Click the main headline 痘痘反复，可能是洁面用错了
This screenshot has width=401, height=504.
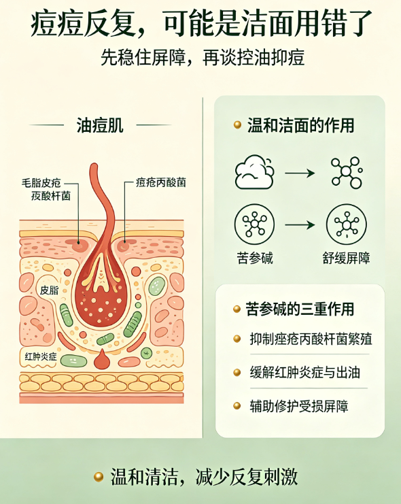201,23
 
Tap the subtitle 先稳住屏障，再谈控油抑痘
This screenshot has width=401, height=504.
203,58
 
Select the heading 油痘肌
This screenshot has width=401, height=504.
100,125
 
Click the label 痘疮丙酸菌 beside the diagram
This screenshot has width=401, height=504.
161,182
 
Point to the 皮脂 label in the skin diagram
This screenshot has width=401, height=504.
49,290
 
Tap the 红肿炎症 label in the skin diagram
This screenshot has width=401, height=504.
41,356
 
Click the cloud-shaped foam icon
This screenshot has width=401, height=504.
255,172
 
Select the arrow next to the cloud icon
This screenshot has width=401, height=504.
300,173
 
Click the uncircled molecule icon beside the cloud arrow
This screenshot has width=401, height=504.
347,172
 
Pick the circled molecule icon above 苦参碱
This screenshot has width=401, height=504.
254,224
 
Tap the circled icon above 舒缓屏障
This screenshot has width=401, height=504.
347,224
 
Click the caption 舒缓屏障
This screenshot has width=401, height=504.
347,258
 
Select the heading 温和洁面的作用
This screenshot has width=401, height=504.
300,125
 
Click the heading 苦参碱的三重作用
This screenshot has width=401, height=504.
300,309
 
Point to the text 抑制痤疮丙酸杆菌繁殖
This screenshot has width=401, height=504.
311,339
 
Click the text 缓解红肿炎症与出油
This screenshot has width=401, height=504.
305,373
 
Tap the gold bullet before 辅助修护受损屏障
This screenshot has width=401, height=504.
237,406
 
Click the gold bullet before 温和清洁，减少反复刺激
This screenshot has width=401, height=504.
99,476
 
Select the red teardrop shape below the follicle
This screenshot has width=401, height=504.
102,358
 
